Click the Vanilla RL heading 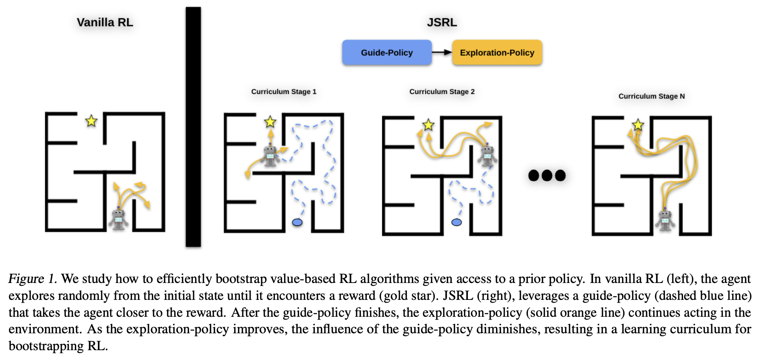[x=105, y=22]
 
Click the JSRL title [x=442, y=22]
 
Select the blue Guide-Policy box [x=386, y=53]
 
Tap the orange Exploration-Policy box [x=497, y=53]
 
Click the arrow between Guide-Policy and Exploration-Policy [x=442, y=52]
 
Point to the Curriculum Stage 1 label [x=284, y=92]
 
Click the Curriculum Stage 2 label [x=442, y=92]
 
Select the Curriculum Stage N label [x=651, y=96]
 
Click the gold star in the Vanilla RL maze [x=92, y=121]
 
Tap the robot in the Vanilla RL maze [x=118, y=219]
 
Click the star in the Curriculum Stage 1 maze [x=270, y=122]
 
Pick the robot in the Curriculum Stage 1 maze [x=270, y=155]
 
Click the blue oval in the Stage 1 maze [x=297, y=222]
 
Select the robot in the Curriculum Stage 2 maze [x=487, y=155]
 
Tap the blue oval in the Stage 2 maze [x=456, y=222]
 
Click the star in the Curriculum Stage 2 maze [x=428, y=125]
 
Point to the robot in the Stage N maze [x=665, y=220]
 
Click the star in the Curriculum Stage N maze [x=638, y=125]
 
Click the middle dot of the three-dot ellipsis [x=547, y=175]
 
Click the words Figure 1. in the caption [x=33, y=279]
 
